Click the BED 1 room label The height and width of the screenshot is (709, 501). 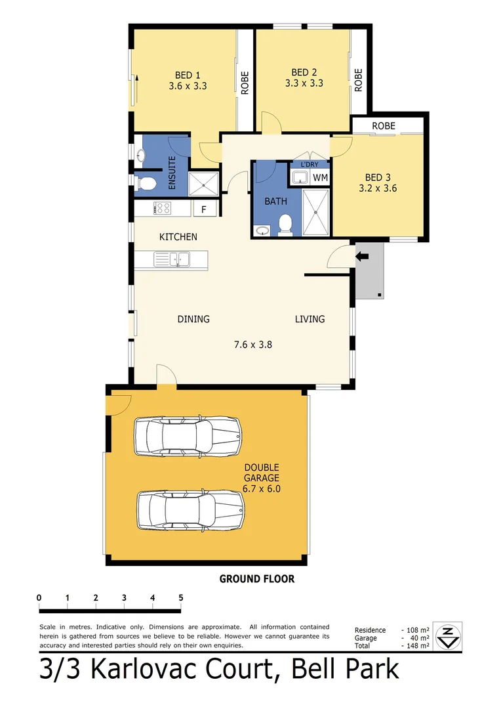pos(183,75)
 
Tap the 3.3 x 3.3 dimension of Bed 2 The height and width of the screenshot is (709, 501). pos(304,83)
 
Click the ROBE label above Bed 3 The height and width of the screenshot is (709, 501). pos(384,125)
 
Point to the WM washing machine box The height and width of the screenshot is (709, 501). pos(320,177)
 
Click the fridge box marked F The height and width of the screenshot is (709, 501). pos(203,209)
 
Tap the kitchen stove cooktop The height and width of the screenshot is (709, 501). pos(162,209)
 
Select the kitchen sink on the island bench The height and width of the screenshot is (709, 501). pos(170,260)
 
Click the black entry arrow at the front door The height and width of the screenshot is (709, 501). pos(361,257)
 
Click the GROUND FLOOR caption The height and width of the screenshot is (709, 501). pos(256,579)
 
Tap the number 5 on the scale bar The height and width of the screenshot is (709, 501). pos(180,598)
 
